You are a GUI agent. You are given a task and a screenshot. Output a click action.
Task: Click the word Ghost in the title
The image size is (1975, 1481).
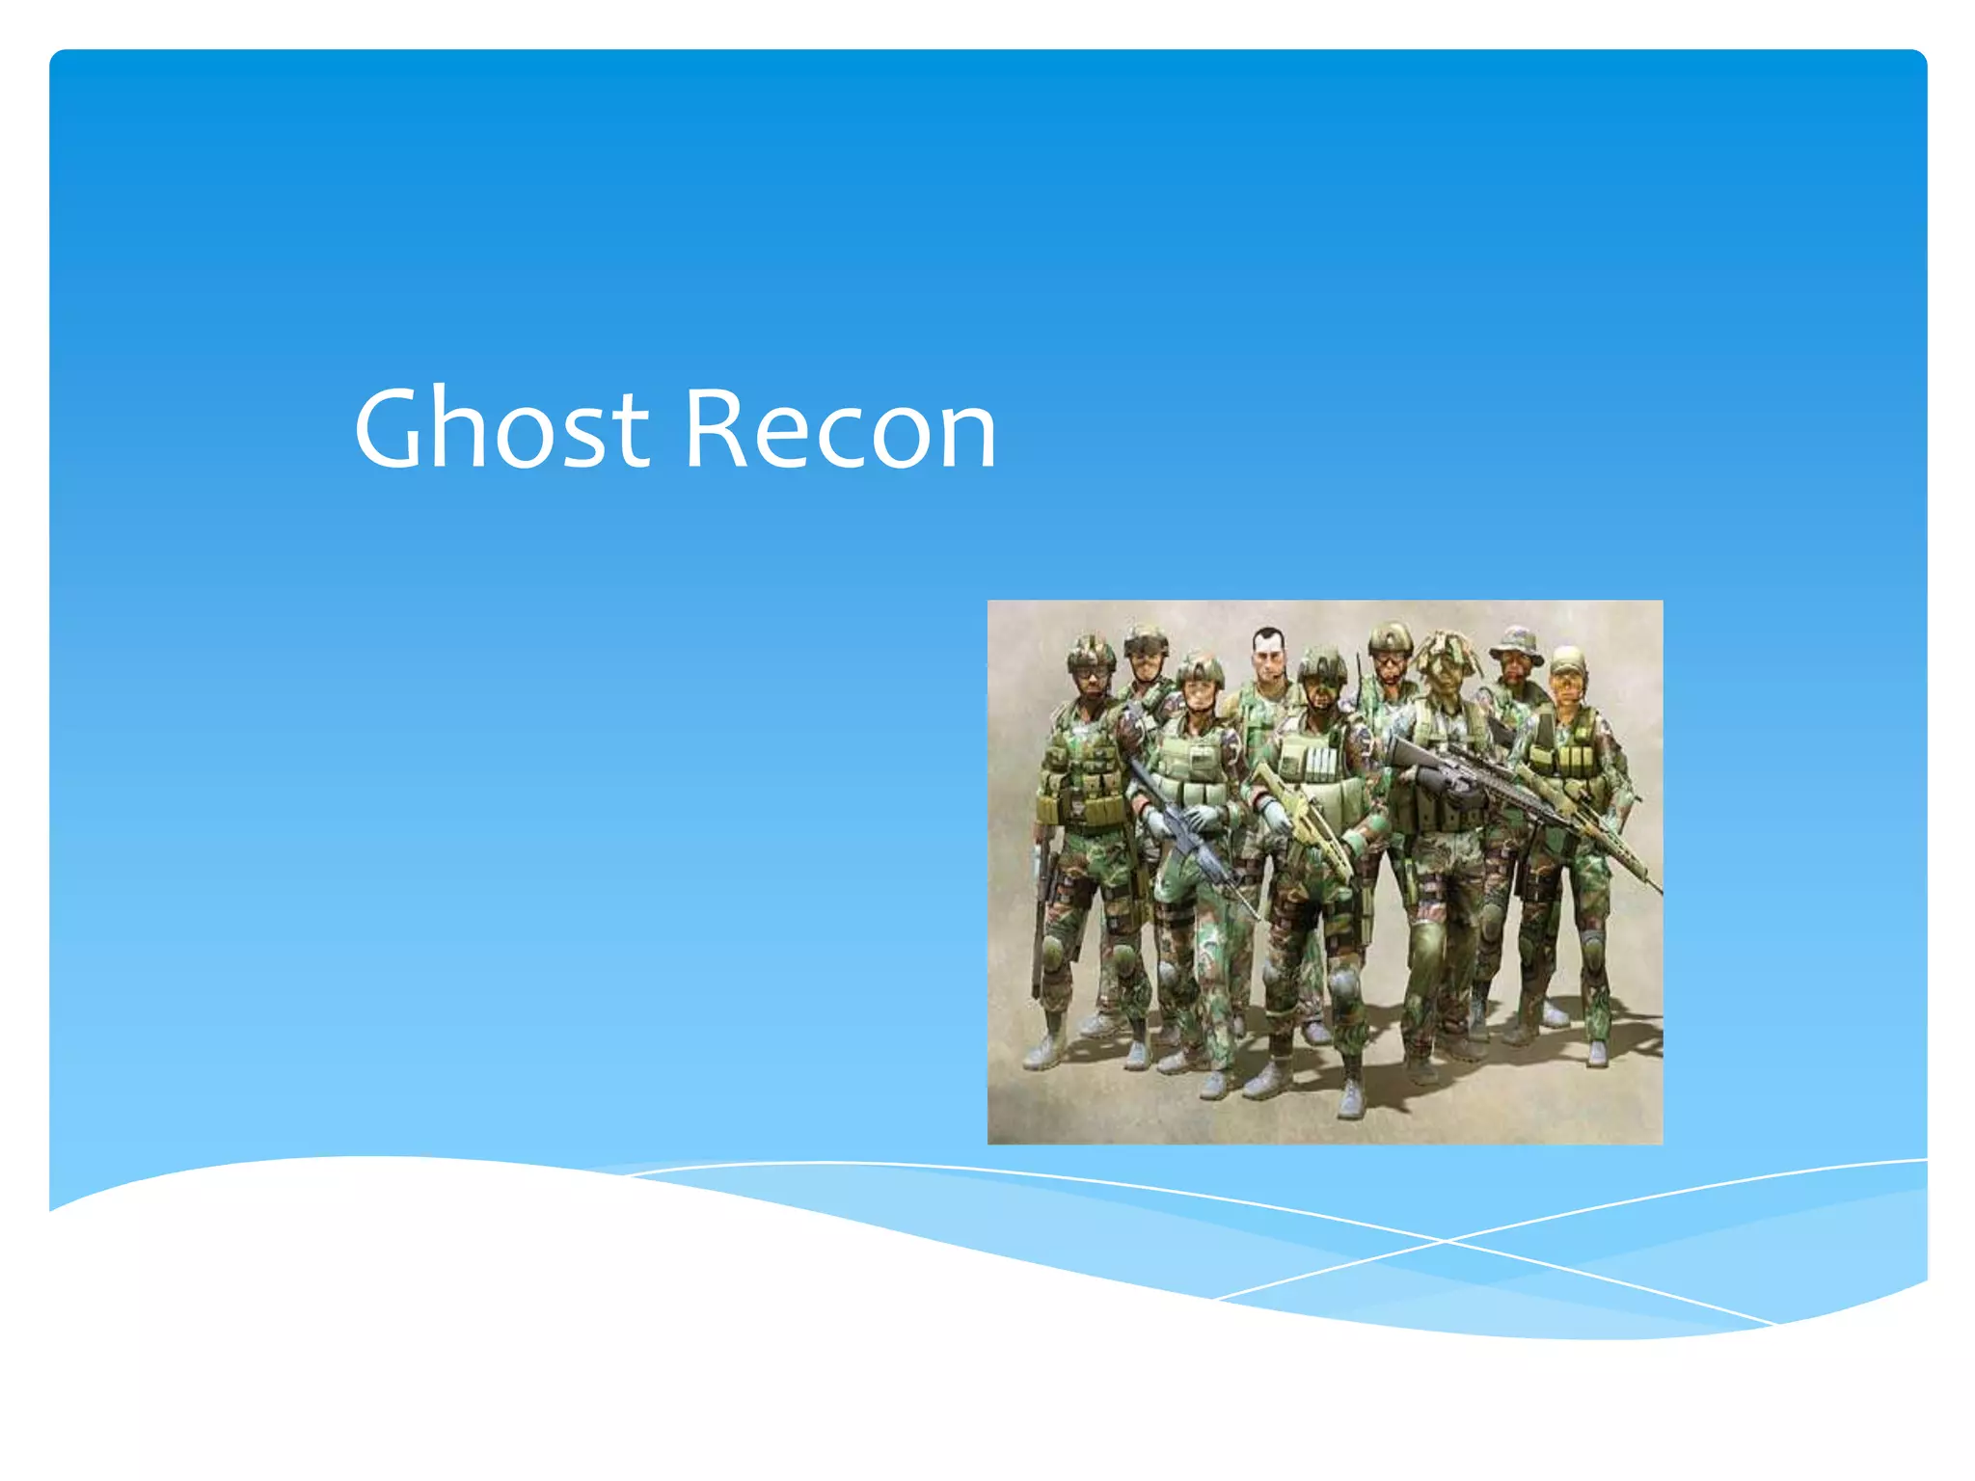coord(501,428)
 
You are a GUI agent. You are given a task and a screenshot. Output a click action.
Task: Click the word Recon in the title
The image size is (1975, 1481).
coord(840,428)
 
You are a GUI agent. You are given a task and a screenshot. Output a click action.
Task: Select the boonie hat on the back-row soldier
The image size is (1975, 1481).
coord(1517,642)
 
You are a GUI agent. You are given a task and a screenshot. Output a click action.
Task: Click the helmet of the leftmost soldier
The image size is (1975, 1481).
coord(1090,652)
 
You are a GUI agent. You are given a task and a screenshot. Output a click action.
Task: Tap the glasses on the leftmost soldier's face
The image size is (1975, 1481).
coord(1090,673)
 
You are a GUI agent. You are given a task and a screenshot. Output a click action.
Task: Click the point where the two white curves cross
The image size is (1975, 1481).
coord(1444,1241)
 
